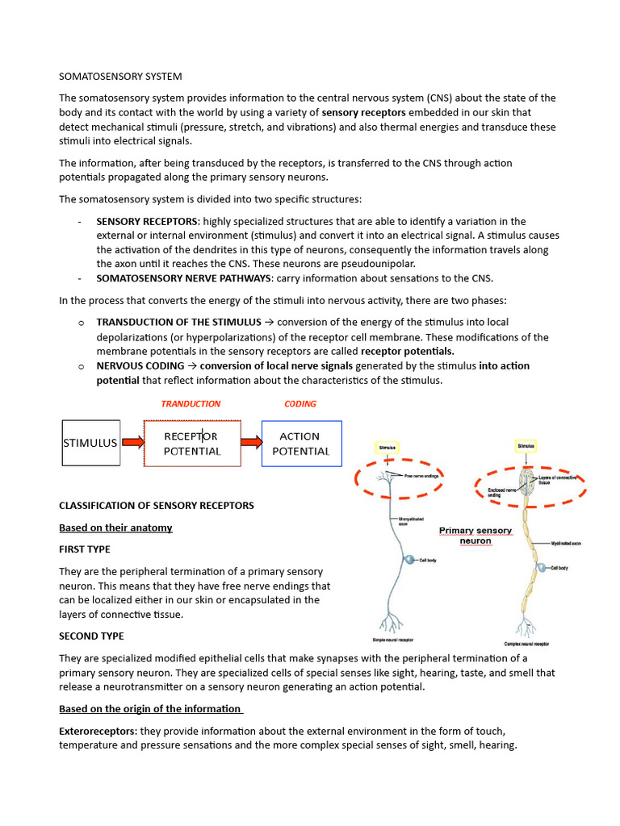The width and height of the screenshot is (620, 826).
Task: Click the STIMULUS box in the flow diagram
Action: (91, 443)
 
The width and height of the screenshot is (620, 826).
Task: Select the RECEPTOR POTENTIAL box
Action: (192, 443)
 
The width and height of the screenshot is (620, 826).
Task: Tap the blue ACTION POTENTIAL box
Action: (301, 443)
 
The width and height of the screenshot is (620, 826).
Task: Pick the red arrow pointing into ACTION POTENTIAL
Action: (251, 442)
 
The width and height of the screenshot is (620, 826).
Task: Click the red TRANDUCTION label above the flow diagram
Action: (191, 403)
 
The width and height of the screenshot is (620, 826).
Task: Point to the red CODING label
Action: (300, 403)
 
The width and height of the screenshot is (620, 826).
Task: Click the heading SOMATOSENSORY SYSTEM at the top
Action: (120, 77)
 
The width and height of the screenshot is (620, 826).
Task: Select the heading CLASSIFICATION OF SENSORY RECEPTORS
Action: (157, 506)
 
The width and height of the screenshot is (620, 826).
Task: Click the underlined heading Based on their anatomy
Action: (115, 528)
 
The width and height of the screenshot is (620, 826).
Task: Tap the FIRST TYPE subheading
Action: (85, 549)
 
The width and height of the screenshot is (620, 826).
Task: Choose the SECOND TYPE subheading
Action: (91, 636)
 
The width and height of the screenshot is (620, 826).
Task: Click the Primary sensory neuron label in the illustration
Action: (475, 536)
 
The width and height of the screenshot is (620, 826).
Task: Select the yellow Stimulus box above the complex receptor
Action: (526, 444)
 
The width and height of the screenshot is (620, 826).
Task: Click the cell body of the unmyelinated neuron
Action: (410, 560)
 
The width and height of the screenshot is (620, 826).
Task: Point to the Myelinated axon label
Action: (566, 544)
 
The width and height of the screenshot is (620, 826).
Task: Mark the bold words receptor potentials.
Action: (407, 352)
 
